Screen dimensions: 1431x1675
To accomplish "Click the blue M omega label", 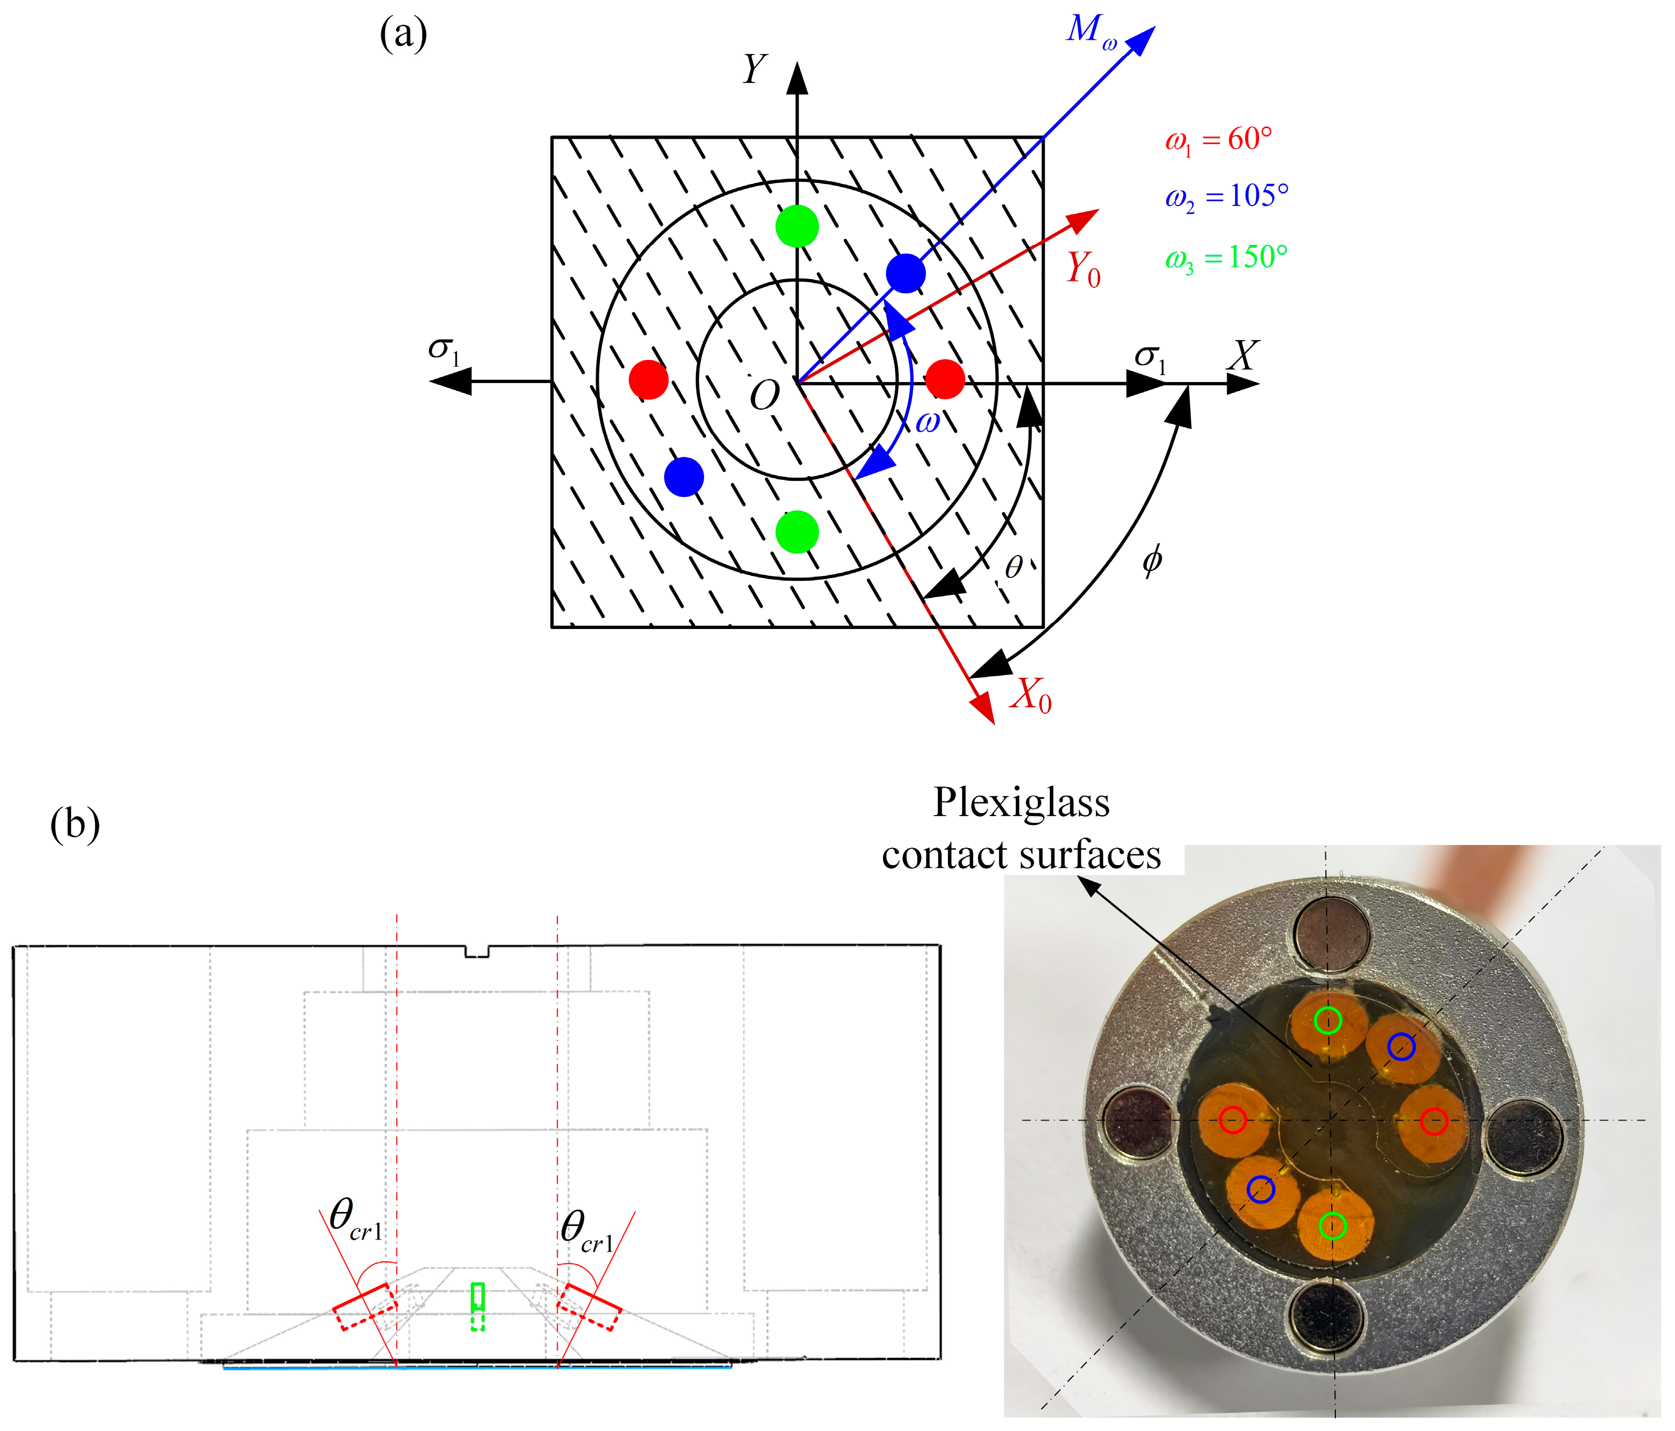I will click(x=1090, y=33).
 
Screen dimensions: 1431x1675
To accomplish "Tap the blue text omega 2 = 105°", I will click(x=1225, y=197).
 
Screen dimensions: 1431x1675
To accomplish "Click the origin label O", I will click(x=764, y=396).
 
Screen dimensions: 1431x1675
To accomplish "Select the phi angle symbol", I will click(x=1152, y=559).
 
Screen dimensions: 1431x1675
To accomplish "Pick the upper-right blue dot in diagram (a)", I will click(x=905, y=273).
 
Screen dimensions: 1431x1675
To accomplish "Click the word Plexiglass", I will click(x=1021, y=803).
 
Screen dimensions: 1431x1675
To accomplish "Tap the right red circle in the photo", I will click(x=1433, y=1121).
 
